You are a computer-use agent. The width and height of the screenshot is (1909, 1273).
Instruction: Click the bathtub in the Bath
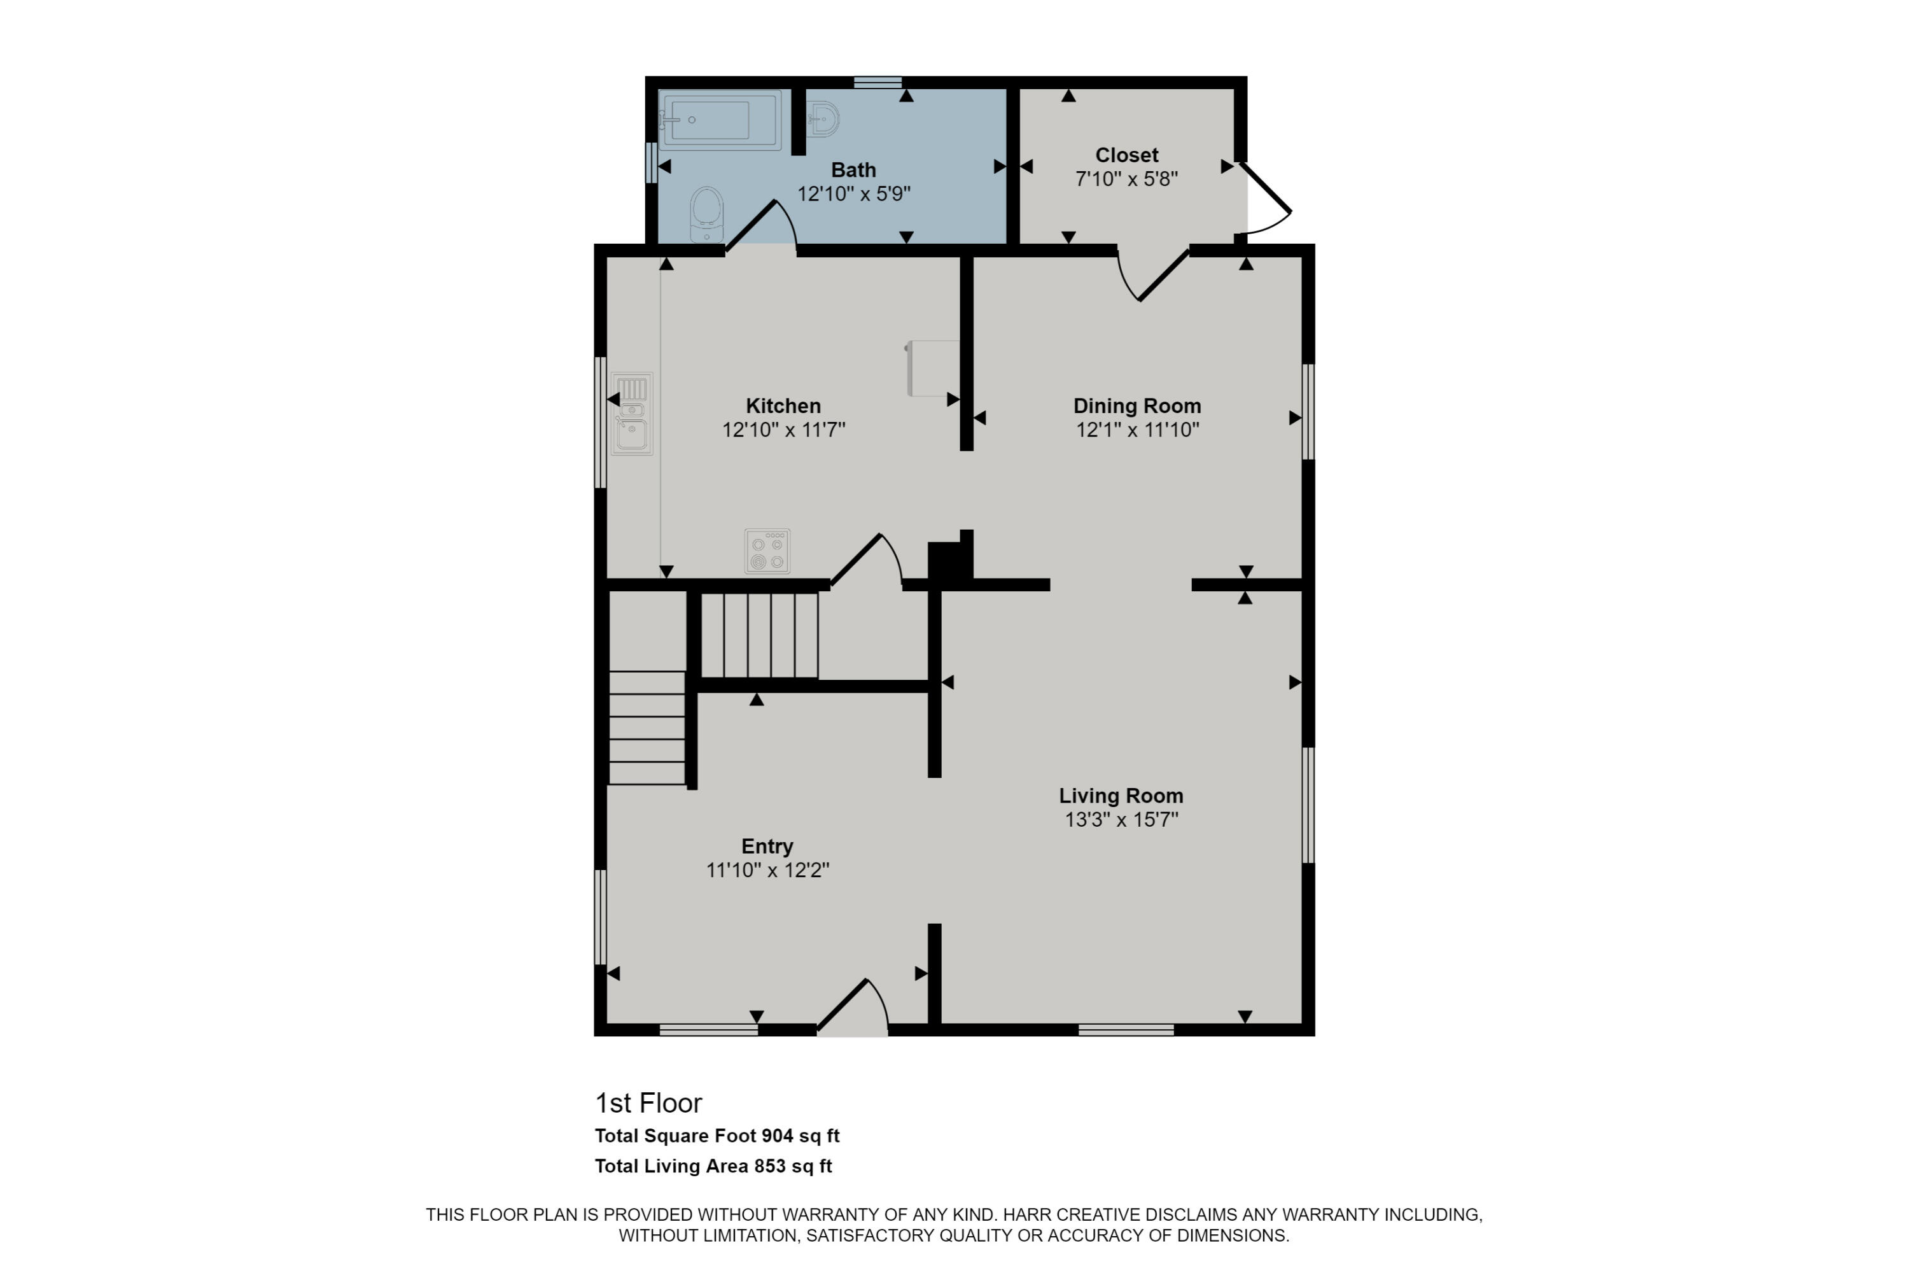coord(719,120)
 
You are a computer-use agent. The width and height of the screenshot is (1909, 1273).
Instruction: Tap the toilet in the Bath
coord(706,213)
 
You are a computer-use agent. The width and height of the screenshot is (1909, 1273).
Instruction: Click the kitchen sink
coord(631,414)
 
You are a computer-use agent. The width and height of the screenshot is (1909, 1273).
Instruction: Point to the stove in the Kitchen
coord(767,551)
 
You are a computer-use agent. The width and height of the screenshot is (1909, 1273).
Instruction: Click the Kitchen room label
coord(783,406)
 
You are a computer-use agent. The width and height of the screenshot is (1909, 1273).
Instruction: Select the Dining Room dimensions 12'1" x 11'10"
coord(1137,430)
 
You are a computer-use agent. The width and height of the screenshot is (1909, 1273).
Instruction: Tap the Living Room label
coord(1121,796)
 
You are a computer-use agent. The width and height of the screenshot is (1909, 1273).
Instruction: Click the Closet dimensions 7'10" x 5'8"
coord(1126,179)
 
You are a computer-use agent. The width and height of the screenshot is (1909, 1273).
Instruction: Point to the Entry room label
coord(767,846)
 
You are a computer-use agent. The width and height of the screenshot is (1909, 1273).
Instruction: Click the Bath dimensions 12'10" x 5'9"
coord(853,194)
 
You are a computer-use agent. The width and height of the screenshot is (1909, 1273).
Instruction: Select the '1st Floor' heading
coord(648,1102)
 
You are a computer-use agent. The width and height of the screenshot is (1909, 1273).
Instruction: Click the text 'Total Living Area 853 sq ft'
coord(713,1166)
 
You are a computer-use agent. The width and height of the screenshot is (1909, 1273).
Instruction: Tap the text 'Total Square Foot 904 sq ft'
coord(717,1136)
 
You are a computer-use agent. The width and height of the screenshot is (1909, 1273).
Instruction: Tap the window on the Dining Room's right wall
coord(1308,412)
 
